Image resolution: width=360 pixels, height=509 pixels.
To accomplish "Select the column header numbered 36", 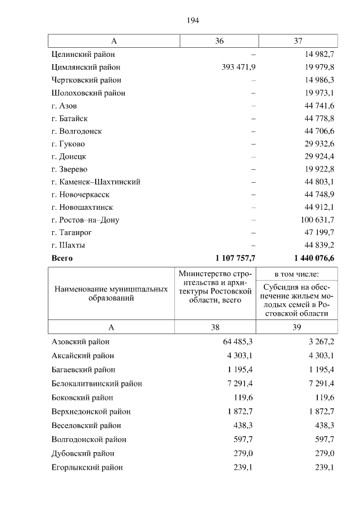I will coord(219,41).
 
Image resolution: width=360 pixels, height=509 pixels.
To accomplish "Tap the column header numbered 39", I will coord(298,326).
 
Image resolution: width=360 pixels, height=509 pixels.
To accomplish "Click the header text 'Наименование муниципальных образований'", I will coord(111,294).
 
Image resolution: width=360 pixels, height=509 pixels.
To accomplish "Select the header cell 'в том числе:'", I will coord(297,274).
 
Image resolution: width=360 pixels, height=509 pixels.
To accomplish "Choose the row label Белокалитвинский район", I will coord(96,384).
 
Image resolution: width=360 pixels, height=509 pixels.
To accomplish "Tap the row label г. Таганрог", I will coord(71,233).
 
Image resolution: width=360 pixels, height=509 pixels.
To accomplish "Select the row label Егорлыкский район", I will coord(87,467).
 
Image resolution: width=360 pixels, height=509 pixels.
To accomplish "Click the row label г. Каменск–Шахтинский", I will coord(95,182).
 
